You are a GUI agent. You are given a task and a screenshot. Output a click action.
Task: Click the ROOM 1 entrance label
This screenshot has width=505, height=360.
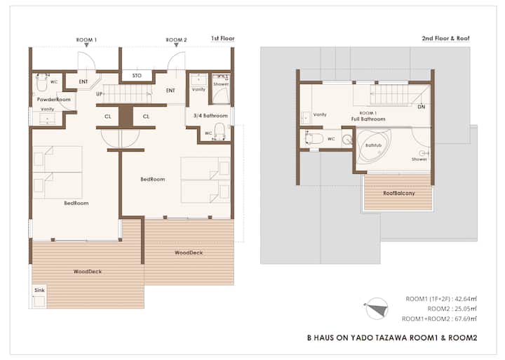pyautogui.click(x=86, y=40)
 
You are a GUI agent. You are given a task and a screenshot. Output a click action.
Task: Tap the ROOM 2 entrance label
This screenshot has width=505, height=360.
pyautogui.click(x=176, y=40)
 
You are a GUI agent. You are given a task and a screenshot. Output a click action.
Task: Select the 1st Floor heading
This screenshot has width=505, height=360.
pyautogui.click(x=223, y=39)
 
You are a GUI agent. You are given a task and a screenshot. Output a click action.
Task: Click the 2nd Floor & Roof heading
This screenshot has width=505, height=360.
pyautogui.click(x=446, y=39)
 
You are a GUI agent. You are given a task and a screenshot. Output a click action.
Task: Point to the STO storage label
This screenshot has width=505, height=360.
pyautogui.click(x=137, y=75)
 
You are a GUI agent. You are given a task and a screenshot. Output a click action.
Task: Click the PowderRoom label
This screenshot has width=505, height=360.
pyautogui.click(x=53, y=99)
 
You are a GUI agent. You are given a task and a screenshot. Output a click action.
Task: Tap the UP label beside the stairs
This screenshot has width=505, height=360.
pyautogui.click(x=100, y=94)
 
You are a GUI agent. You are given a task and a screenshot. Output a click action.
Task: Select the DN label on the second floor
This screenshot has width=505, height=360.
pyautogui.click(x=422, y=107)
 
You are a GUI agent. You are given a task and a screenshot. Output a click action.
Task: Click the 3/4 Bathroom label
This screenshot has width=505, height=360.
pyautogui.click(x=210, y=115)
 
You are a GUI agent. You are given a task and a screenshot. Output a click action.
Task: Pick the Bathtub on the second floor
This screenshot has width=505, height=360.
pyautogui.click(x=373, y=146)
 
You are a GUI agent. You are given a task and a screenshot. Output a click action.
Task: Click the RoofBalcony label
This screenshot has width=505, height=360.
pyautogui.click(x=398, y=193)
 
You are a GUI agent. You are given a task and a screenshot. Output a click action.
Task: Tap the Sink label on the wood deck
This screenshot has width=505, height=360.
pyautogui.click(x=39, y=290)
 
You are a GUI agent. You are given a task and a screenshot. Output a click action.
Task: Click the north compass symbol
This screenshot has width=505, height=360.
pyautogui.click(x=376, y=309)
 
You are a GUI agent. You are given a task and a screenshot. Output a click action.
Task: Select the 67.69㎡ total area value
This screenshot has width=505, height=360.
pyautogui.click(x=466, y=319)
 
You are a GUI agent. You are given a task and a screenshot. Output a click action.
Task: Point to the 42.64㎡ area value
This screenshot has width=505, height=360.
pyautogui.click(x=466, y=299)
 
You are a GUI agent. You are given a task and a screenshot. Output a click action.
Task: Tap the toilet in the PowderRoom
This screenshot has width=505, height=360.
pyautogui.click(x=42, y=82)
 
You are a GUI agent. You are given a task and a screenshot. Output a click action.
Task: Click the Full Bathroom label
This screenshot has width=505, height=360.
pyautogui.click(x=368, y=119)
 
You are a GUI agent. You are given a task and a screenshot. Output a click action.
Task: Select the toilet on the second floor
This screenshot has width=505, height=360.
pyautogui.click(x=313, y=138)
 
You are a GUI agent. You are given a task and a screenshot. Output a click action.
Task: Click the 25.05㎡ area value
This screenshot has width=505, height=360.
pyautogui.click(x=466, y=309)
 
